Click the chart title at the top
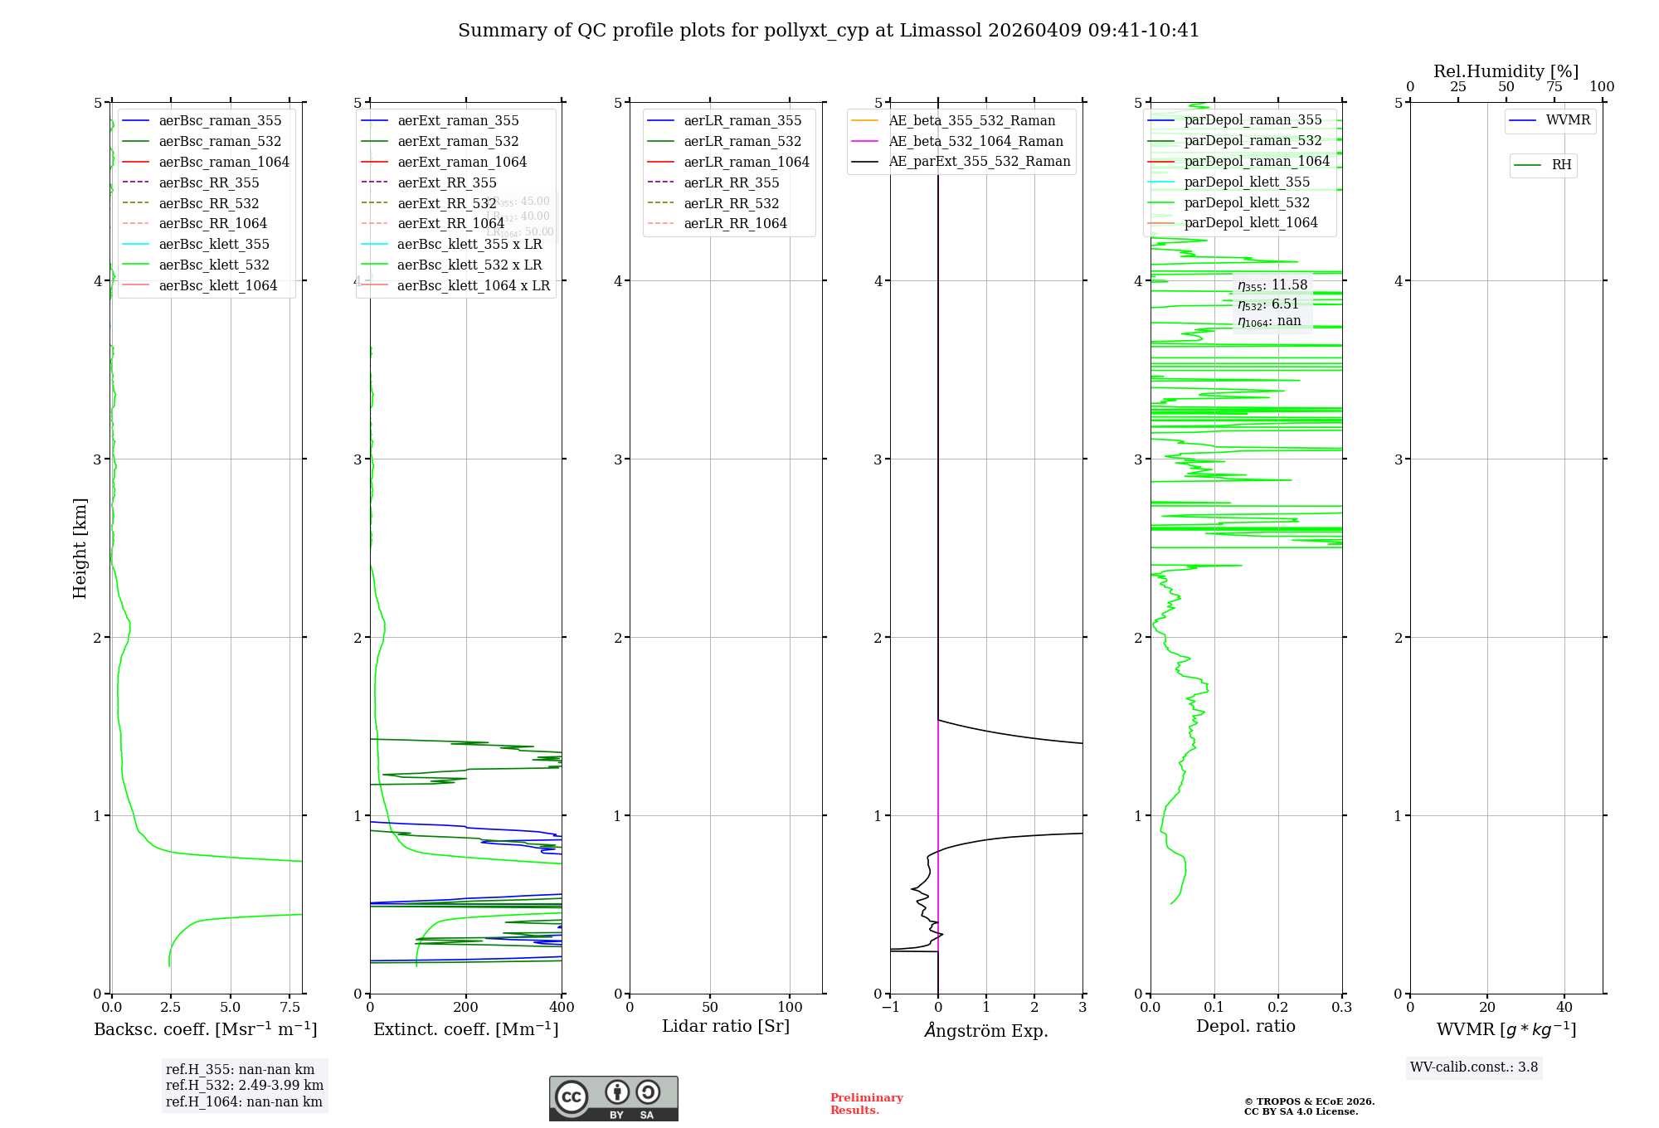[x=829, y=31]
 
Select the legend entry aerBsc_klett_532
[x=214, y=265]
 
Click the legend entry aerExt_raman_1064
[x=462, y=162]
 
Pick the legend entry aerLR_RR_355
[x=731, y=182]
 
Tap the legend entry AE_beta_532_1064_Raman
[x=975, y=141]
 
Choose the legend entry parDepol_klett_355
[x=1247, y=182]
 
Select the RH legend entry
[x=1561, y=165]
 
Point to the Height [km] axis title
[x=80, y=547]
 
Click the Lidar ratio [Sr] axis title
[x=726, y=1026]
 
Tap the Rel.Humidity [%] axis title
[x=1506, y=71]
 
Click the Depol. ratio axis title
[x=1245, y=1026]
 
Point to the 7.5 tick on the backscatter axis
[x=289, y=1007]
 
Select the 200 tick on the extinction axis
[x=466, y=1007]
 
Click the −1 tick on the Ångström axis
[x=890, y=1007]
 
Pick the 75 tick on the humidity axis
[x=1554, y=87]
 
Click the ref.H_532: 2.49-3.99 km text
[x=245, y=1085]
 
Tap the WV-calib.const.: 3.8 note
[x=1474, y=1067]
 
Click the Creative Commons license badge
[x=613, y=1098]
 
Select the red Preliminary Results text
[x=866, y=1104]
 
